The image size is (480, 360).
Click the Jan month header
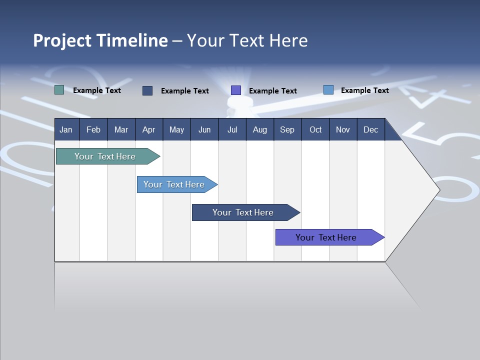(x=66, y=129)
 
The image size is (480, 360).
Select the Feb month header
(x=93, y=129)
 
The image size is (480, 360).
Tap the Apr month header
(x=148, y=129)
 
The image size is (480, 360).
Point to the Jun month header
(x=204, y=129)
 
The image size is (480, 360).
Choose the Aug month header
(x=259, y=129)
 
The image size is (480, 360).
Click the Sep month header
(x=287, y=129)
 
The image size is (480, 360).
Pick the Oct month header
(x=315, y=129)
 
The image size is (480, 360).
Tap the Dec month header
(x=370, y=129)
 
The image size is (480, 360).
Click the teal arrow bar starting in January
(x=105, y=156)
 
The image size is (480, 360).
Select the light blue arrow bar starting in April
(x=174, y=184)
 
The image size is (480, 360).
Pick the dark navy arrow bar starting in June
(x=243, y=212)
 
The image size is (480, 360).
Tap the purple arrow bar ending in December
(x=326, y=237)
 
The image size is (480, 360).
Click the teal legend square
(x=59, y=90)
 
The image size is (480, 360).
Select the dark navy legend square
(x=147, y=90)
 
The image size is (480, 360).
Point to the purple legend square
(x=236, y=90)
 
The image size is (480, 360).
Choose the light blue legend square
(x=328, y=90)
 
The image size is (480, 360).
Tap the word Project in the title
(x=62, y=41)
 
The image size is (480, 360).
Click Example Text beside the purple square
(x=273, y=90)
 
